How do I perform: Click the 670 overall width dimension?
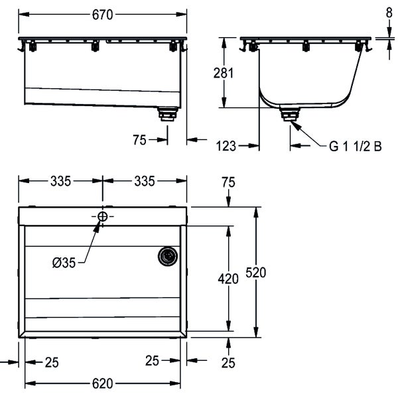click(102, 15)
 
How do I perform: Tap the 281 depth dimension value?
click(224, 73)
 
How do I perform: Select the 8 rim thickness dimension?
click(389, 13)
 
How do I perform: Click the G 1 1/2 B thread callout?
click(356, 147)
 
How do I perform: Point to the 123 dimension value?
click(226, 146)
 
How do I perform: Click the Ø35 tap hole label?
click(64, 263)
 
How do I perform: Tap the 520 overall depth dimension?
click(256, 273)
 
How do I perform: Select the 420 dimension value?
click(228, 279)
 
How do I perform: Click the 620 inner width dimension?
click(103, 383)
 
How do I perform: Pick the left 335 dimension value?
click(60, 181)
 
